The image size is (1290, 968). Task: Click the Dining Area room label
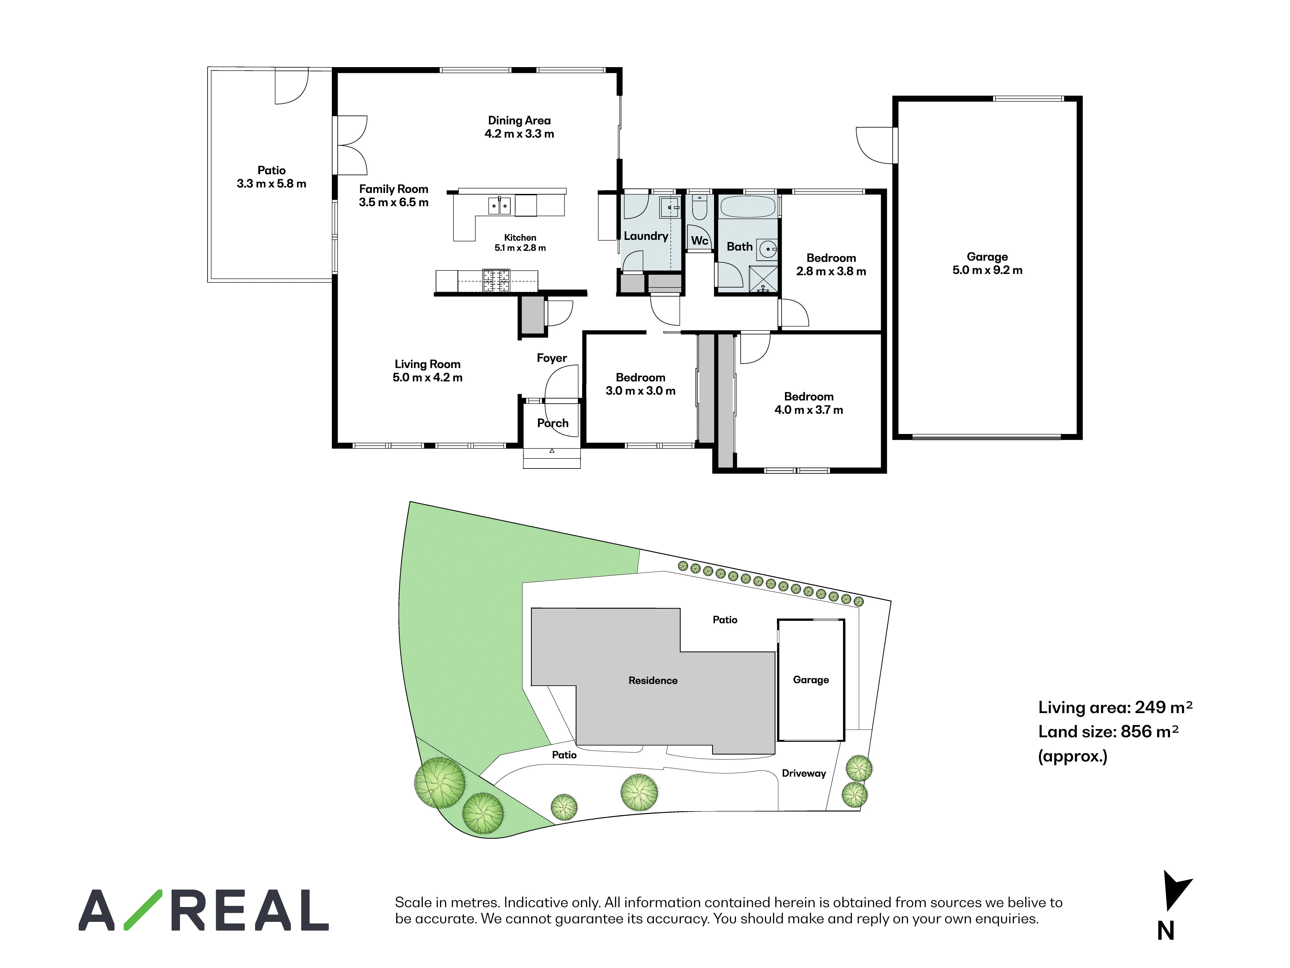coord(519,120)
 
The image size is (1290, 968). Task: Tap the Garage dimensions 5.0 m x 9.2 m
coord(987,270)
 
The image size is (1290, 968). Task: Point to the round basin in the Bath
coord(768,249)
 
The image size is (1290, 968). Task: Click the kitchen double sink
coord(499,206)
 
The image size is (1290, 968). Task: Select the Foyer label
coord(552,358)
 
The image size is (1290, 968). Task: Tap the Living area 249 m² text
coord(1115,707)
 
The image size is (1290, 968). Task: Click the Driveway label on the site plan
coord(804,774)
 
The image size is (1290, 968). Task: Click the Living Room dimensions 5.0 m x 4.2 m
coord(427,378)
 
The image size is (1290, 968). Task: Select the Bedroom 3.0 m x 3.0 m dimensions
coord(640,391)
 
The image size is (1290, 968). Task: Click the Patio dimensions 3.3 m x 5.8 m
coord(271,184)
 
